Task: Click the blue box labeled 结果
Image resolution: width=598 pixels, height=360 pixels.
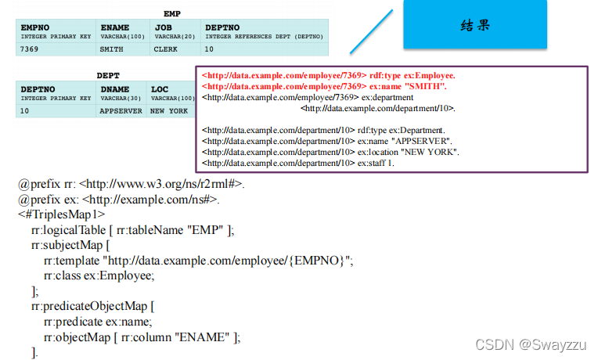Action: coord(475,25)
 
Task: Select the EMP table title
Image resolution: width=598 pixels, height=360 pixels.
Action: coord(172,13)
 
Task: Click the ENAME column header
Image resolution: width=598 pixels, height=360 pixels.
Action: coord(114,27)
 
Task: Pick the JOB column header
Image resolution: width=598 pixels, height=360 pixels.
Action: coord(164,27)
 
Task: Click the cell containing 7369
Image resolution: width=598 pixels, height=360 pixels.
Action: coord(31,49)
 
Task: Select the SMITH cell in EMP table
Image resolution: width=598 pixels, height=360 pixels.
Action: coord(111,49)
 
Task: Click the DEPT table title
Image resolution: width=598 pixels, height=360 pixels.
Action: coord(107,76)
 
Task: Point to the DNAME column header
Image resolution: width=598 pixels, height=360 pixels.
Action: coord(115,90)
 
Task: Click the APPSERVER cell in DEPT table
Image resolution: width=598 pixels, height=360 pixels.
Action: coord(121,111)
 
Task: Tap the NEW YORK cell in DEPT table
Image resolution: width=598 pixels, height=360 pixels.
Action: coord(169,111)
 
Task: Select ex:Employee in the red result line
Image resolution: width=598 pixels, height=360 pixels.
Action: coord(429,75)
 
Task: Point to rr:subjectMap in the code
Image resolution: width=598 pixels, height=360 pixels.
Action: coord(65,244)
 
